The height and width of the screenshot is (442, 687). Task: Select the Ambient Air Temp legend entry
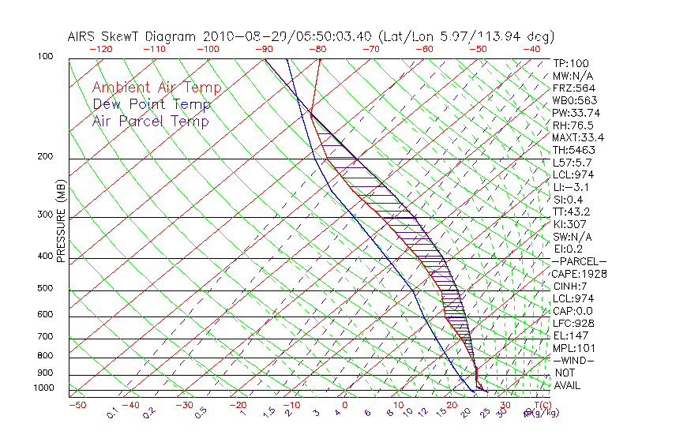(156, 88)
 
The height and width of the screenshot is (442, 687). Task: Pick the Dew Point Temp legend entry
(152, 105)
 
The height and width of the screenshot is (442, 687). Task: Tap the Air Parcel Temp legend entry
(151, 122)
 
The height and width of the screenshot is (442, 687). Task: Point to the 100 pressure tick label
(44, 57)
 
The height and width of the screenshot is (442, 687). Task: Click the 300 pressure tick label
(44, 215)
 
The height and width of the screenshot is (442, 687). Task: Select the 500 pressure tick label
(44, 289)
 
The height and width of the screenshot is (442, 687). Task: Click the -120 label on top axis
(100, 49)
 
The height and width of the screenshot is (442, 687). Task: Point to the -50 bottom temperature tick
(77, 405)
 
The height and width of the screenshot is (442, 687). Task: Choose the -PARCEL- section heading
(579, 261)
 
